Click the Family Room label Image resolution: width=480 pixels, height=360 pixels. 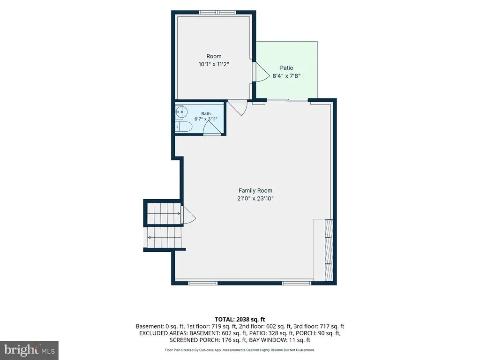[x=255, y=190]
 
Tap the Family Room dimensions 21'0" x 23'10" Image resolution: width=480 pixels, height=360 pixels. [x=255, y=198]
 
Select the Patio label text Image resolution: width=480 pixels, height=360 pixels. [x=286, y=67]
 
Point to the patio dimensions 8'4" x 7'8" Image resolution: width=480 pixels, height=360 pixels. [x=286, y=75]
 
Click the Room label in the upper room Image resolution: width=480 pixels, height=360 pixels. [x=214, y=56]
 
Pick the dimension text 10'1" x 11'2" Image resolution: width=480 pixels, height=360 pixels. [x=214, y=64]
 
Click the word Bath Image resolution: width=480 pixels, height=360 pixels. [x=206, y=113]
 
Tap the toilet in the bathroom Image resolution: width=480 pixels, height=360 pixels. [x=183, y=126]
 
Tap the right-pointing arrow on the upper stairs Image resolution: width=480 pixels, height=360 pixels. [x=164, y=213]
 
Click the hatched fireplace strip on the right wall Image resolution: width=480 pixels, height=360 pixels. [x=329, y=250]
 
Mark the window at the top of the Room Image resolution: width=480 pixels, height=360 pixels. [x=217, y=13]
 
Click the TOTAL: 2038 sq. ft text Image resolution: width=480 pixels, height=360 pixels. [x=240, y=320]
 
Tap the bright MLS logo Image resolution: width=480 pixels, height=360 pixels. [x=29, y=350]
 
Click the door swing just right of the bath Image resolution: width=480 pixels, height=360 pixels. [x=238, y=108]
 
